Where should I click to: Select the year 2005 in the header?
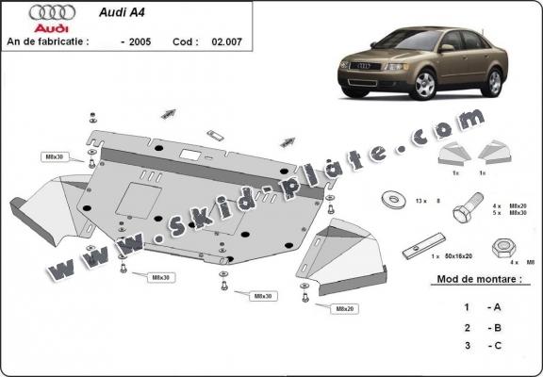click(x=139, y=42)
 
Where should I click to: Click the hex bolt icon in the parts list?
click(x=464, y=210)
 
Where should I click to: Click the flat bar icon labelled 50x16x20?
click(x=415, y=252)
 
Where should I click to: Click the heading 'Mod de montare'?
click(x=480, y=281)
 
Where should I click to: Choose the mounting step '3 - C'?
click(x=480, y=345)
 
